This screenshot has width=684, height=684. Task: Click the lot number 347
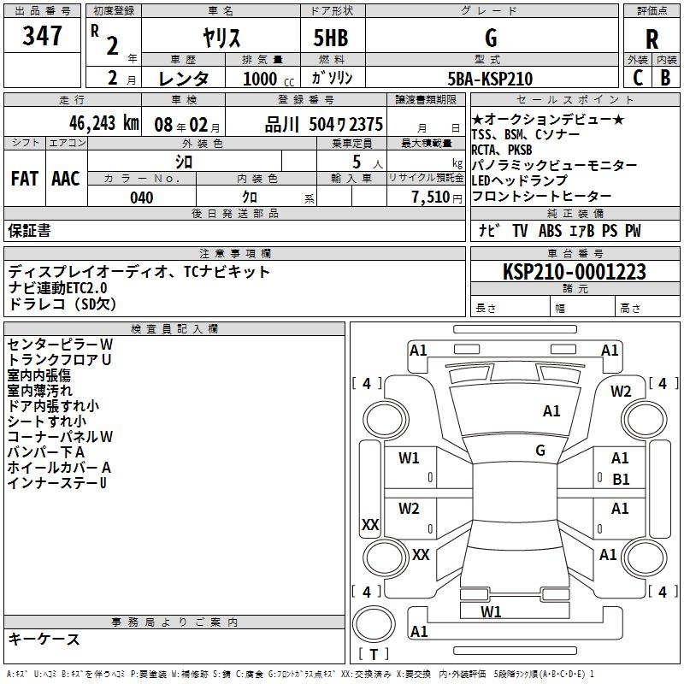pyautogui.click(x=42, y=36)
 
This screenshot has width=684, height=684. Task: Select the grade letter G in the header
pyautogui.click(x=491, y=38)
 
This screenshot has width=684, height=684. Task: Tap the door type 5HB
pyautogui.click(x=331, y=38)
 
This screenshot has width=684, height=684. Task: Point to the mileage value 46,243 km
pyautogui.click(x=103, y=123)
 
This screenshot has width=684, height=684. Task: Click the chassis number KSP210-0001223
pyautogui.click(x=574, y=272)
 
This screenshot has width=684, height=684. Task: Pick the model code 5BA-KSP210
pyautogui.click(x=490, y=79)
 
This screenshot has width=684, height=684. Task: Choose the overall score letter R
pyautogui.click(x=652, y=39)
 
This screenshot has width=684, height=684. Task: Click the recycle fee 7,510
pyautogui.click(x=430, y=198)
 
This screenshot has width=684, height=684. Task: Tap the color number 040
pyautogui.click(x=141, y=198)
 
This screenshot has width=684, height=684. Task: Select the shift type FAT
pyautogui.click(x=25, y=179)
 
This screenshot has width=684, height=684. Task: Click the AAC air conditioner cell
pyautogui.click(x=66, y=179)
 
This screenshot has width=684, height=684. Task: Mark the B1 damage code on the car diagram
pyautogui.click(x=621, y=480)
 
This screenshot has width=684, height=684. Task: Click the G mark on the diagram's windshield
pyautogui.click(x=540, y=450)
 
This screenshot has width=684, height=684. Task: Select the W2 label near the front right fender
pyautogui.click(x=621, y=392)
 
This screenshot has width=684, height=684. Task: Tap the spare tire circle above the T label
pyautogui.click(x=374, y=624)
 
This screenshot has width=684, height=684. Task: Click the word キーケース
pyautogui.click(x=44, y=639)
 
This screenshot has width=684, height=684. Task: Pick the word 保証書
pyautogui.click(x=29, y=231)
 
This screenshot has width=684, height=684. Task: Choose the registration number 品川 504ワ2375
pyautogui.click(x=324, y=124)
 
